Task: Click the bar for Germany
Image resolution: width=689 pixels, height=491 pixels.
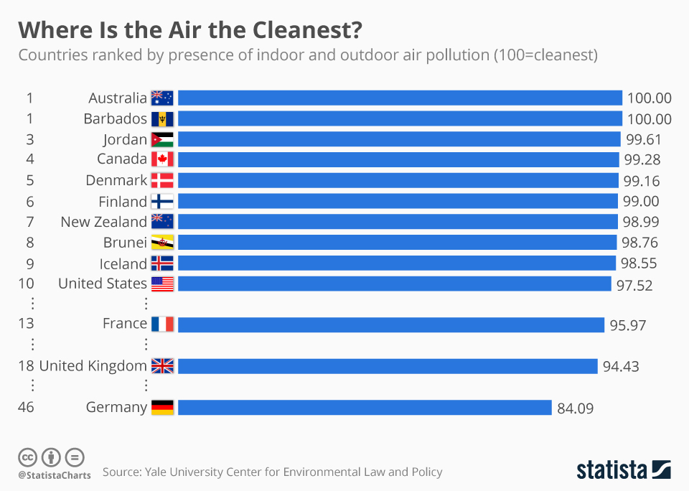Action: click(x=365, y=408)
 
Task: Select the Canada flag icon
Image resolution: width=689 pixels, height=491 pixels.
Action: click(x=162, y=159)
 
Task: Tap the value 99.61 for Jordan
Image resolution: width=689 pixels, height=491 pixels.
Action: click(x=643, y=139)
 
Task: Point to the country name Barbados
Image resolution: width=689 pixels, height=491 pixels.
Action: click(x=115, y=118)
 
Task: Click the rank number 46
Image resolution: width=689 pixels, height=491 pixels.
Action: click(x=26, y=407)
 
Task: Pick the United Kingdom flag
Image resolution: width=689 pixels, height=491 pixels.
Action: click(x=162, y=366)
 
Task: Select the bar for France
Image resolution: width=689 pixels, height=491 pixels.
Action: click(x=391, y=324)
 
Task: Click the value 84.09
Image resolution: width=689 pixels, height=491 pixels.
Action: click(x=575, y=408)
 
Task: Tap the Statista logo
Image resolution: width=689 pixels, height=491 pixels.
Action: click(x=624, y=470)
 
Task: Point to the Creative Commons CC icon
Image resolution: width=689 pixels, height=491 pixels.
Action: click(x=27, y=457)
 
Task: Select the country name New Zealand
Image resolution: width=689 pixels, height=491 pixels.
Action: click(x=103, y=222)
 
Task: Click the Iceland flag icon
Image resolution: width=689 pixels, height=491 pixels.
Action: click(x=162, y=263)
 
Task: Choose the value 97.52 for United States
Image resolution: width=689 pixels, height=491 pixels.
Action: click(x=634, y=285)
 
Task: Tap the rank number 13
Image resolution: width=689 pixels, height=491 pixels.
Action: click(x=26, y=324)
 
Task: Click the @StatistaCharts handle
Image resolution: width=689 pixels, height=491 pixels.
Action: click(x=55, y=474)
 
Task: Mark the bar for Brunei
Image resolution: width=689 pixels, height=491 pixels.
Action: click(x=397, y=242)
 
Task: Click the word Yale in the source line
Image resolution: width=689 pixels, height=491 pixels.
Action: click(x=156, y=472)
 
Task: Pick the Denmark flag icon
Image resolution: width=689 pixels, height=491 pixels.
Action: click(x=162, y=180)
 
